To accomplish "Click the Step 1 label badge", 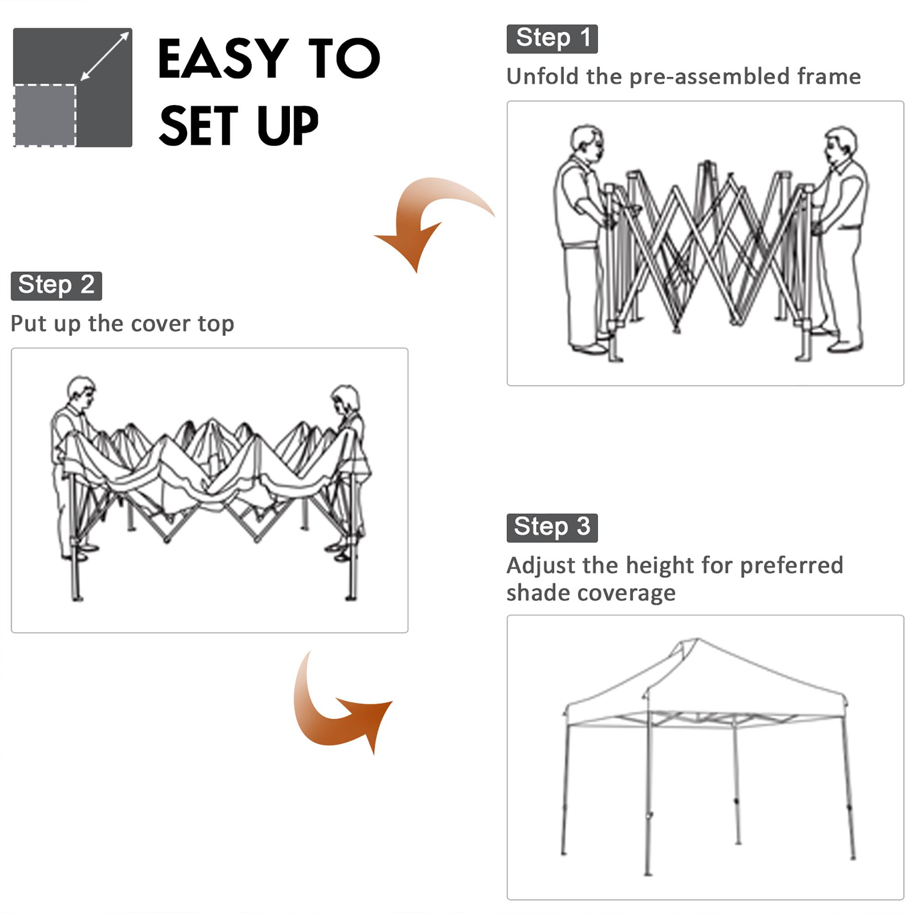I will pos(551,39).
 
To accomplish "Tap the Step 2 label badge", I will pos(56,286).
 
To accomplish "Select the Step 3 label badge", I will pos(551,527).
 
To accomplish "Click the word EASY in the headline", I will pos(223,58).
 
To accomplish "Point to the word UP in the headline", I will pos(287,125).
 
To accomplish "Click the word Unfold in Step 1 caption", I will pos(542,77).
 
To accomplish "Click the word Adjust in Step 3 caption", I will pos(540,566).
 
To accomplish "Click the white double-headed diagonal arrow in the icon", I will pos(105,56).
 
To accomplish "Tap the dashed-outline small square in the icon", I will pos(45,115).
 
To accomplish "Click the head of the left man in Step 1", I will pos(586,141).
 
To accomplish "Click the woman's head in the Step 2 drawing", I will pos(346,399).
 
